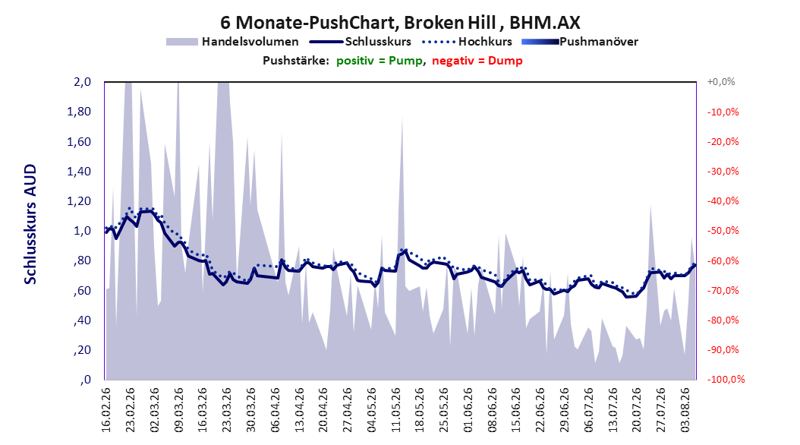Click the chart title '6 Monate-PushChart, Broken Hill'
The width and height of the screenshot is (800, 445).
(358, 23)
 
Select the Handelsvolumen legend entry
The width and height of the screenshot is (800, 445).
(232, 42)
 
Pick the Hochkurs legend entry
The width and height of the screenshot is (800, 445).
(467, 42)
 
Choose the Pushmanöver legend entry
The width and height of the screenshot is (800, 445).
(580, 42)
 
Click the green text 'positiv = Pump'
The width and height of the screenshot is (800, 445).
(380, 61)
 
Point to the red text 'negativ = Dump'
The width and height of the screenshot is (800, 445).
(477, 61)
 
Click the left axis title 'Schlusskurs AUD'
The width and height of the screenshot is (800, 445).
(30, 224)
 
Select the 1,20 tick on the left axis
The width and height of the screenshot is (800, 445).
(79, 201)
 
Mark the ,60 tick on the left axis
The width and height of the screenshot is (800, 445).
(82, 290)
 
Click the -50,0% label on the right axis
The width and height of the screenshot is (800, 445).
(723, 231)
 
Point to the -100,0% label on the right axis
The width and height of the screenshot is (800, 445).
(726, 379)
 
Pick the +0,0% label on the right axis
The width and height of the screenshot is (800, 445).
(721, 82)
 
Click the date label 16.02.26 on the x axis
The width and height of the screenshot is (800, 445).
(106, 410)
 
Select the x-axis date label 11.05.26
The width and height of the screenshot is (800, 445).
(396, 410)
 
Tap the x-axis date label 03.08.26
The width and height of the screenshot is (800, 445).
(685, 410)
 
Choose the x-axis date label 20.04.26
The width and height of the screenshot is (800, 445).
(323, 410)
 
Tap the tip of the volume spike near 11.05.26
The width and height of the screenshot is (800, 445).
(402, 116)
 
